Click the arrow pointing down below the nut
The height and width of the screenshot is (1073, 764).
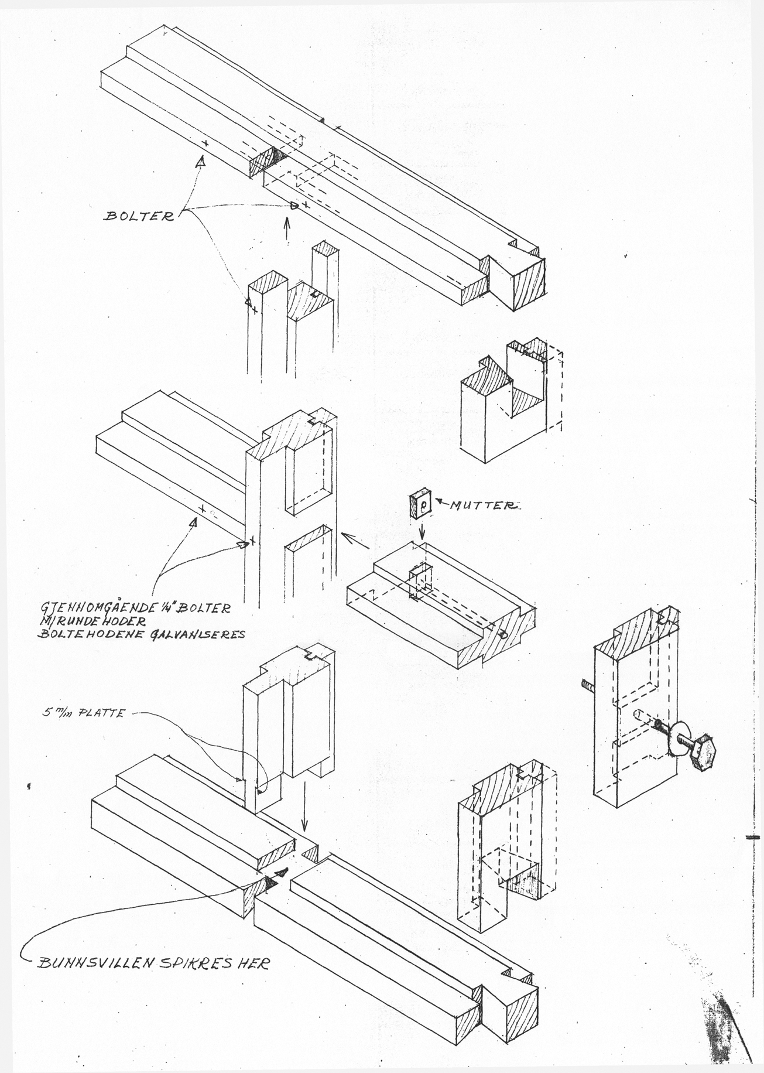(x=422, y=531)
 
